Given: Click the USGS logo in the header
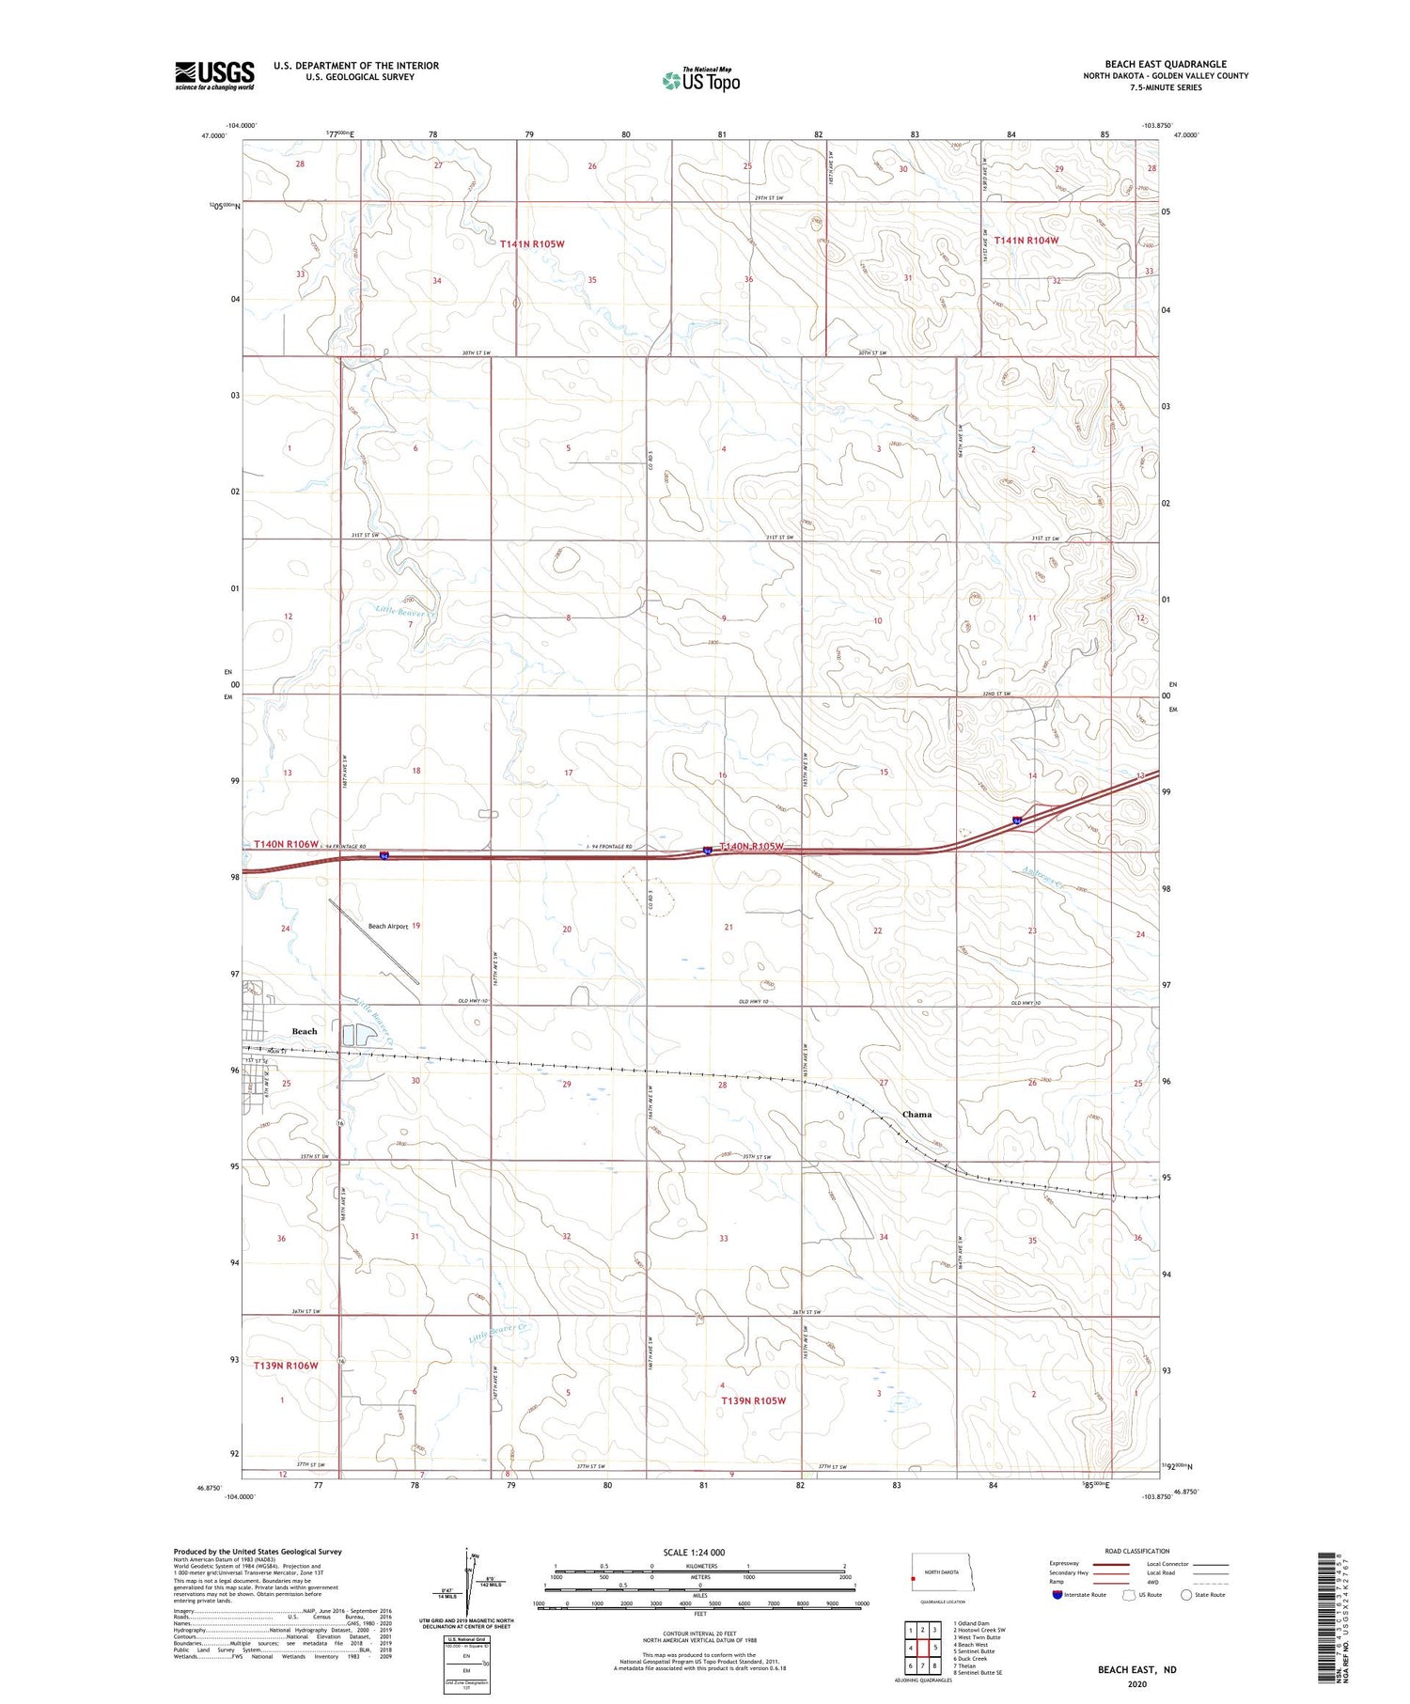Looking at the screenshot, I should (214, 75).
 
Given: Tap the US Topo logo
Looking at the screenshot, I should (700, 81).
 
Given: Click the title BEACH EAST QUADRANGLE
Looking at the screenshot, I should (1165, 64).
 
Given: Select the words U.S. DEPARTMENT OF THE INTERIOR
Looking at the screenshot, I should (356, 66).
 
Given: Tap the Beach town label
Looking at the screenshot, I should (305, 1031).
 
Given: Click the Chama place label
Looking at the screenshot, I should (916, 1115).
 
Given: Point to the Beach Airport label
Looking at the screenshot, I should (387, 927).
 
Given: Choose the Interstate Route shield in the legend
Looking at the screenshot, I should (1057, 1595).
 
